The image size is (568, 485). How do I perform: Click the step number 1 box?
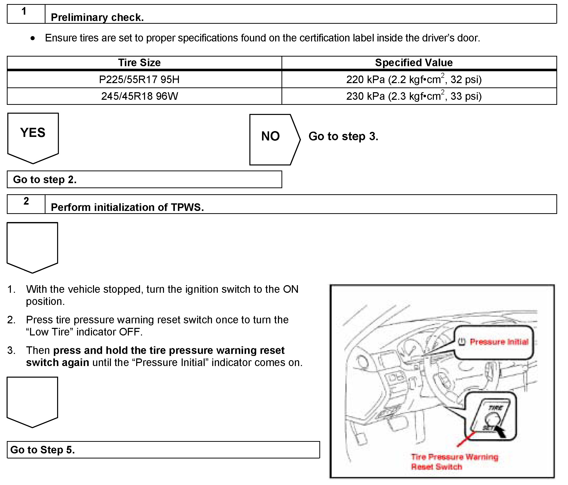coord(26,14)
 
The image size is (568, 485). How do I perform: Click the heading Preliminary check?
coord(97,17)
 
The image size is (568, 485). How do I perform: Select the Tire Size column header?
coord(139,63)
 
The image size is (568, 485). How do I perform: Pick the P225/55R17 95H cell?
coord(139,80)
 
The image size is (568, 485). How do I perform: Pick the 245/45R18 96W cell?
coord(139,96)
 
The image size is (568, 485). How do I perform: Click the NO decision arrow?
coord(273,139)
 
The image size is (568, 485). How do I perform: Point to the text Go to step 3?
coord(343,136)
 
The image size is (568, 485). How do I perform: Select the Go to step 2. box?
coord(144,180)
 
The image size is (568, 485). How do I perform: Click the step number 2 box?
coord(26,204)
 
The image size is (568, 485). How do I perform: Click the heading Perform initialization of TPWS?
coord(127,207)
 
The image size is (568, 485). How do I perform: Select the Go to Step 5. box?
coord(163,450)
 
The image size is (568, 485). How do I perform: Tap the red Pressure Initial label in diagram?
coord(499,342)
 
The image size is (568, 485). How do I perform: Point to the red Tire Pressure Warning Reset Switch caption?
coord(454,462)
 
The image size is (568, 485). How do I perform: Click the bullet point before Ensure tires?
coord(33,38)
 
